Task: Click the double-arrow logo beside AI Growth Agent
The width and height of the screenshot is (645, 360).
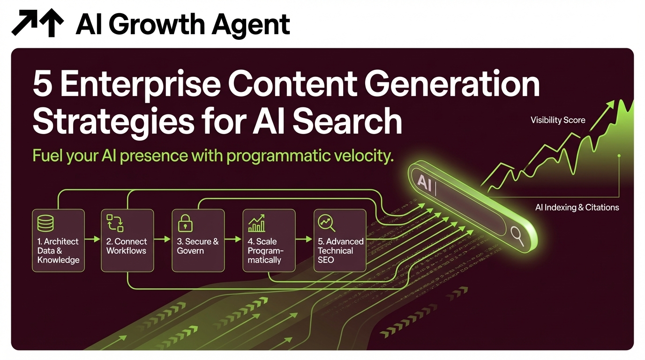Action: [x=37, y=23]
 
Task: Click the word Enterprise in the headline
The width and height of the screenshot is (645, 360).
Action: [x=140, y=85]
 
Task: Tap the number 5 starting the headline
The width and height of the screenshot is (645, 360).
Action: [x=43, y=85]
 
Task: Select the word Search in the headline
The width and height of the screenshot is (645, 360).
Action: [x=347, y=121]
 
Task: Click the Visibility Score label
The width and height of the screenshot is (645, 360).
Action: [x=558, y=120]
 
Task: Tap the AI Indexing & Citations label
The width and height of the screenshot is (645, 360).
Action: [x=577, y=207]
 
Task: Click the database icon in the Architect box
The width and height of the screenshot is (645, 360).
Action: [x=45, y=224]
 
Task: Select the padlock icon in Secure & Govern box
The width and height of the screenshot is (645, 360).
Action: [x=186, y=224]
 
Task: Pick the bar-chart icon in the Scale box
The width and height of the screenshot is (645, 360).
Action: [x=256, y=224]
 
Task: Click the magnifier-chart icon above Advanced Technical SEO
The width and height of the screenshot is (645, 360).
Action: [x=327, y=224]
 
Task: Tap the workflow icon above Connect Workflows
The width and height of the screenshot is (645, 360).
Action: [x=115, y=224]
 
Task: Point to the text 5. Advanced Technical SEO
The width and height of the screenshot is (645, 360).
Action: [x=340, y=251]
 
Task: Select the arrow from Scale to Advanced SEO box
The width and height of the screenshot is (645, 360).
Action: [x=304, y=240]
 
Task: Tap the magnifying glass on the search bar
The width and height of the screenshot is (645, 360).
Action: [x=517, y=236]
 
